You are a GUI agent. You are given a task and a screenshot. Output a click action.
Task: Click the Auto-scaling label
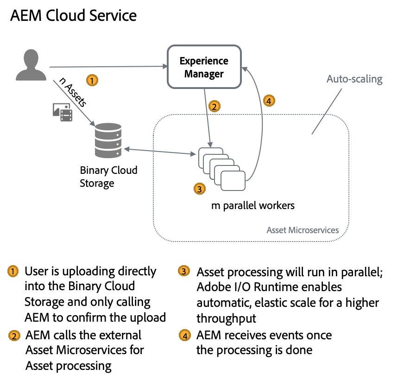[x=354, y=79]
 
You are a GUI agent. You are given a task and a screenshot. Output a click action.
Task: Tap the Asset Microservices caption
[x=303, y=230]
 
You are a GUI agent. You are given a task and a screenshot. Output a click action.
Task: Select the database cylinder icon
[x=108, y=140]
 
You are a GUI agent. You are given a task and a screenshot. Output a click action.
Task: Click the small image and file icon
[x=63, y=112]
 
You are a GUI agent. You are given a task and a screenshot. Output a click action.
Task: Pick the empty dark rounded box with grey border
[x=204, y=66]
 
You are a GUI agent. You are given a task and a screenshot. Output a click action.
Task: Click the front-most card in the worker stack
[x=233, y=180]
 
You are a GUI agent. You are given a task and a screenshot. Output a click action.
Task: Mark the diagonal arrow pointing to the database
[x=74, y=102]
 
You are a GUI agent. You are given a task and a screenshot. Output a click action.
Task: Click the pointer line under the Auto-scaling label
[x=327, y=111]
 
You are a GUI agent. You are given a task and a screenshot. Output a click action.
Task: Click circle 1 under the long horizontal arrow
[x=92, y=81]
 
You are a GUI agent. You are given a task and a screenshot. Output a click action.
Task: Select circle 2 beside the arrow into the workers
[x=214, y=106]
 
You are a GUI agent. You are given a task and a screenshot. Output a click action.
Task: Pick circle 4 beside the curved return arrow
[x=269, y=100]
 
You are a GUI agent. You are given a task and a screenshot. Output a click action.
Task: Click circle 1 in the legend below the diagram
[x=13, y=271]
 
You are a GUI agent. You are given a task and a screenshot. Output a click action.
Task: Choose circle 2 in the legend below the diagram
[x=14, y=336]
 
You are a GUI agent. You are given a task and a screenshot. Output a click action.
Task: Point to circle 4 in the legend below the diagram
[x=185, y=336]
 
